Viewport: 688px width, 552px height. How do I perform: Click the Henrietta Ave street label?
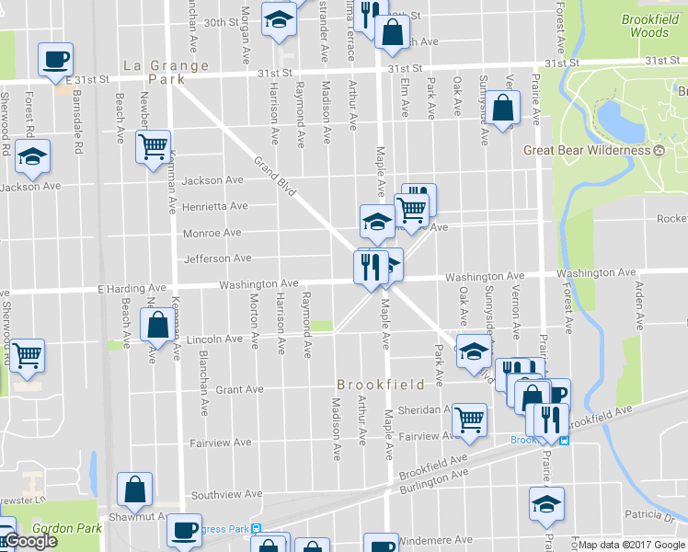pos(214,206)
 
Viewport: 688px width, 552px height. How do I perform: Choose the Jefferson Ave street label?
pos(218,259)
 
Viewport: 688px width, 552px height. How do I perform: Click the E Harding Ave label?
pos(130,289)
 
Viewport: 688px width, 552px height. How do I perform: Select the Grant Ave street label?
pos(239,390)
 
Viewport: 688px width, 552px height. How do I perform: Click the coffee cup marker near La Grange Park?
pos(55,60)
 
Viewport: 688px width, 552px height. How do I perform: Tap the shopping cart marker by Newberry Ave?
pos(153,146)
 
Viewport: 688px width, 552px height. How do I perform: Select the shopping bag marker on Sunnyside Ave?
pos(504,109)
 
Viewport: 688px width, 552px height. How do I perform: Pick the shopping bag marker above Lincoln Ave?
pos(157,325)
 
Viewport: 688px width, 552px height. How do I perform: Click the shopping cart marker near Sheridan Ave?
pos(470,419)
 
